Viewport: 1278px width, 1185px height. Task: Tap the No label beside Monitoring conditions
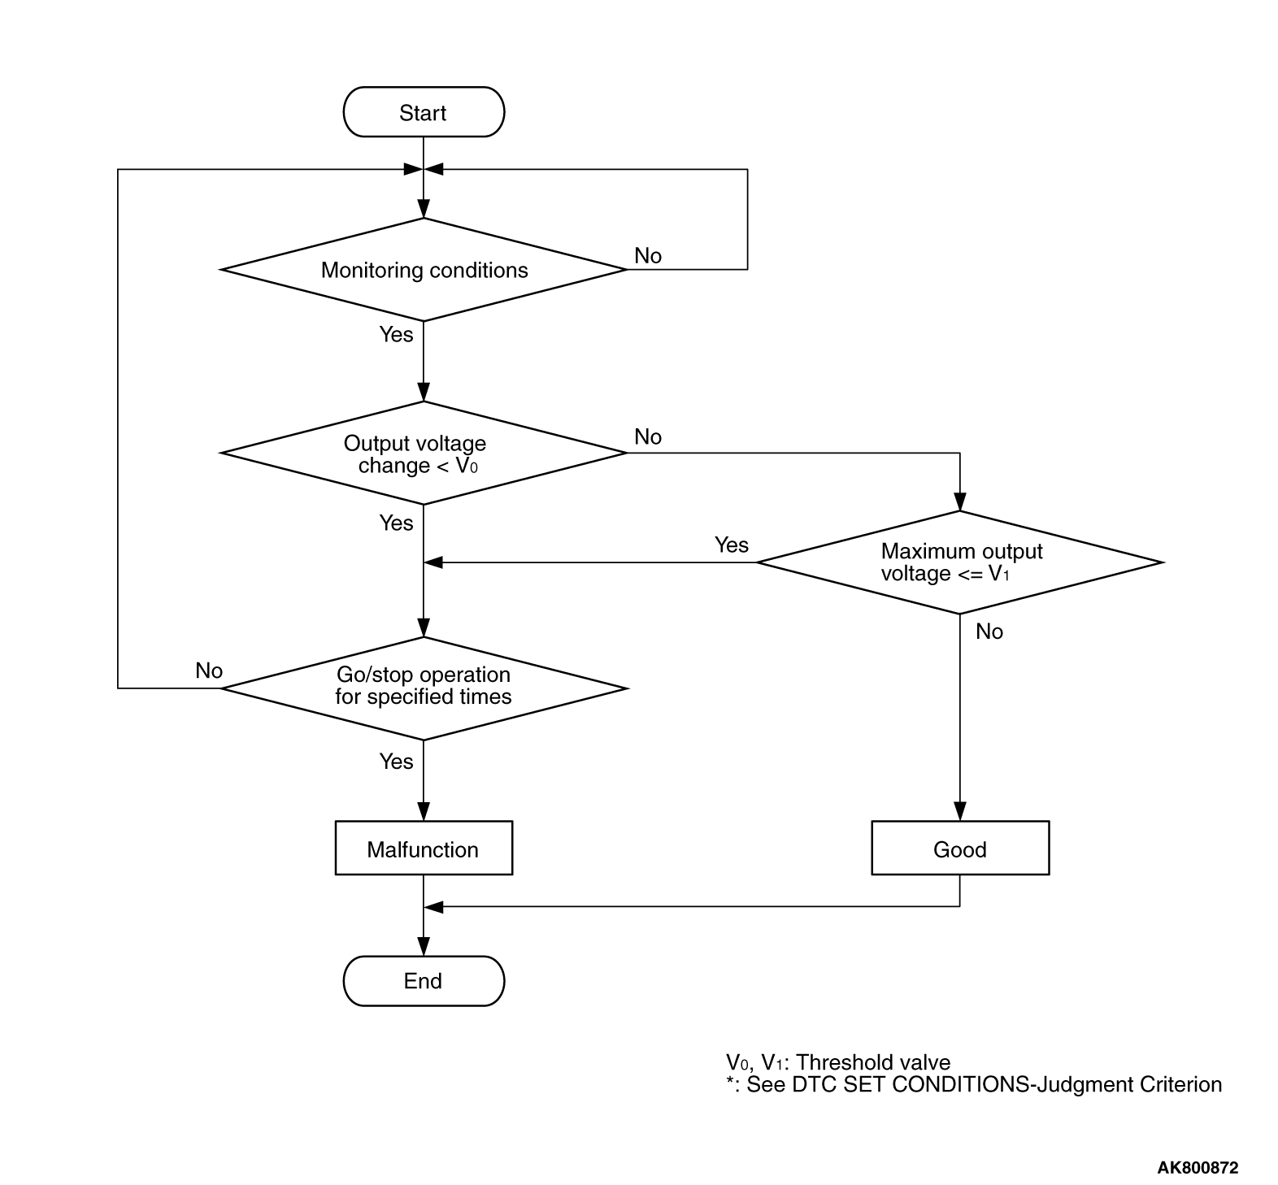coord(648,256)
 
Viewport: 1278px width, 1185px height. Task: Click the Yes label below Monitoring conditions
coord(396,334)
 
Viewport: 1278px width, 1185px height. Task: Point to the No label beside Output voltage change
coord(648,437)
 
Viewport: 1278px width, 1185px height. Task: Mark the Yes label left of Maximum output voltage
coord(731,545)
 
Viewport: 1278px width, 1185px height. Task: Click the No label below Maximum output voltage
coord(989,632)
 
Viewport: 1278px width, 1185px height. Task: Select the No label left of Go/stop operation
coord(209,671)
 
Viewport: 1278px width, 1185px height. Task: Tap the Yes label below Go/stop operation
coord(396,762)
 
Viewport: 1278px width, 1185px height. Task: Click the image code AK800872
coord(1198,1168)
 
